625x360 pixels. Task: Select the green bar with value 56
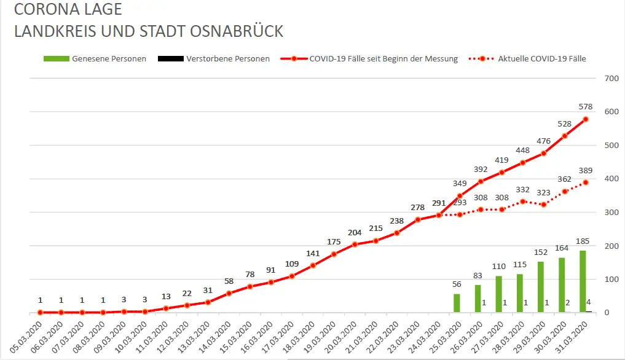(x=457, y=303)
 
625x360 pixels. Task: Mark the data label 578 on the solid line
(x=585, y=107)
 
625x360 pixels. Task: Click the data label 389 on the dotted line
(x=585, y=170)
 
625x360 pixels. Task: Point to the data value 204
(x=355, y=233)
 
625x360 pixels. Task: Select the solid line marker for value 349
(x=460, y=196)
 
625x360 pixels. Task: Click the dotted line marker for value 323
(x=543, y=205)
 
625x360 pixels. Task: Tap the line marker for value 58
(x=229, y=293)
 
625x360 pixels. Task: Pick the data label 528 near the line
(x=564, y=124)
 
